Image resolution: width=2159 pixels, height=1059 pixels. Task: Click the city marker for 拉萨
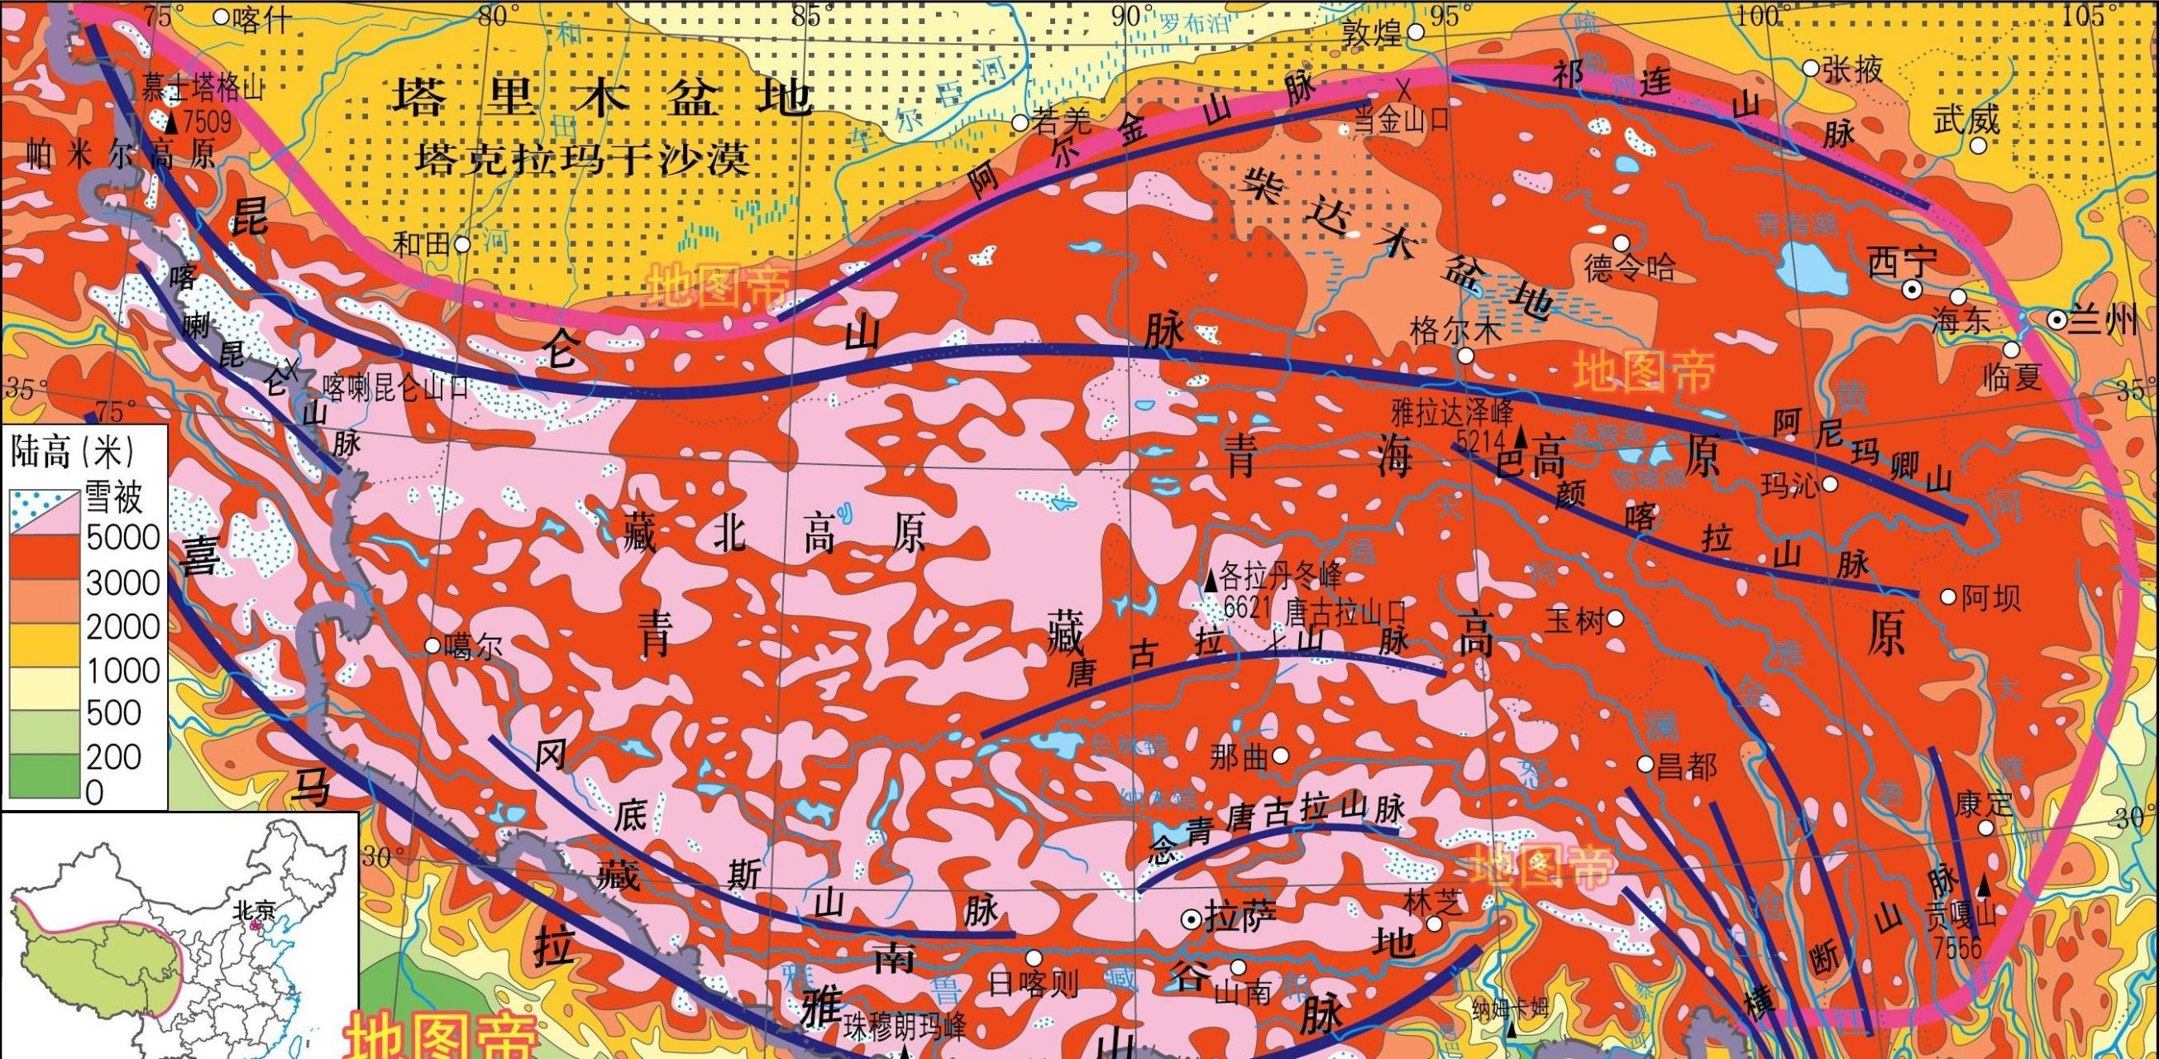point(1191,919)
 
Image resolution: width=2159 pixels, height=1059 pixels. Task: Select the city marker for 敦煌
point(1416,32)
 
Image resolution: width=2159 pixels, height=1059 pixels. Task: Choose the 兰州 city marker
point(2056,319)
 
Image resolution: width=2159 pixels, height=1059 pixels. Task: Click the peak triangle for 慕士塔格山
point(172,124)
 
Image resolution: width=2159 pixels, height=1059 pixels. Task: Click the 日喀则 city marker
point(1034,957)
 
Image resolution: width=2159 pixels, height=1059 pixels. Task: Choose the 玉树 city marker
point(1615,619)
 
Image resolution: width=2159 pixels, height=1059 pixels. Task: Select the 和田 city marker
point(461,244)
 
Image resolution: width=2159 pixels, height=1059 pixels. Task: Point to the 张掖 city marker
point(1810,69)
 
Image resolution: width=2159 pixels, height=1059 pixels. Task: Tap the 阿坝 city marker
point(1949,597)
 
